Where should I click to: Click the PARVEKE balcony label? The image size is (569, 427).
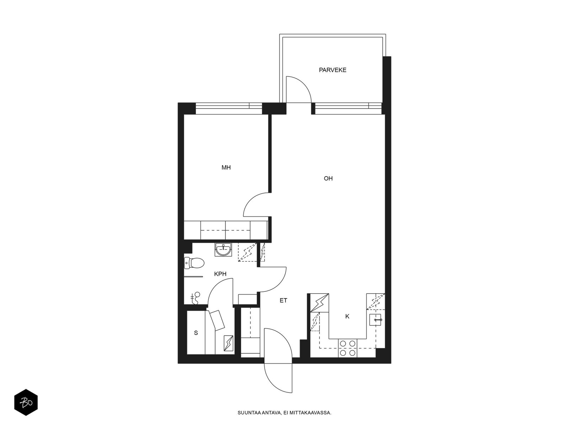(332, 70)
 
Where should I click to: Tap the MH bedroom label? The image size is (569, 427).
(226, 168)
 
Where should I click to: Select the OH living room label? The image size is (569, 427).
(328, 178)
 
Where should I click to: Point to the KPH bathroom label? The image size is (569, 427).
(220, 274)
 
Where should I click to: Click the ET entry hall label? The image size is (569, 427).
(283, 300)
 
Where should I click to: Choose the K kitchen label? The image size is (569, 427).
(347, 316)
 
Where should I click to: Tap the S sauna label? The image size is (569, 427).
(196, 333)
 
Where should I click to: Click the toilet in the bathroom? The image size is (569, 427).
(194, 263)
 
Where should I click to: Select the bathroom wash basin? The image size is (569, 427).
(223, 250)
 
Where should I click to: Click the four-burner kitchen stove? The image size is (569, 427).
(347, 348)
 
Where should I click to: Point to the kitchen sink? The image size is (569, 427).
(375, 320)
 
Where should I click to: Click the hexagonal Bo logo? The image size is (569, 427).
(26, 402)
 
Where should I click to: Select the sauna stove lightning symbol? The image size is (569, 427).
(229, 343)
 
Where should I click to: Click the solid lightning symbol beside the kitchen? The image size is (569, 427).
(320, 302)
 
